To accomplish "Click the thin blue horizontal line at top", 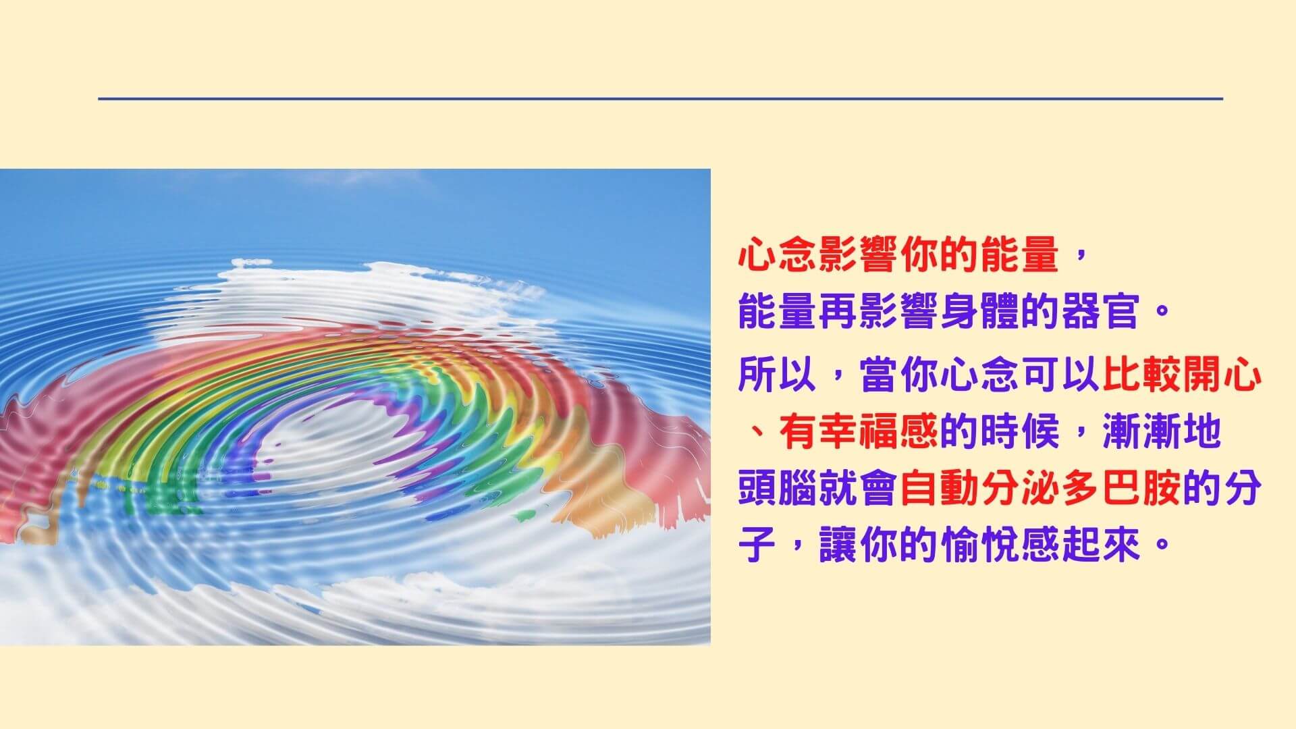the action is click(660, 99).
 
